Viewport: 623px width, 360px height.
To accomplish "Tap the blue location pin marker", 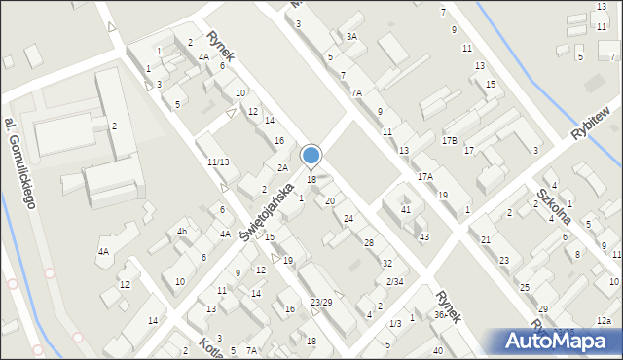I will (311, 156).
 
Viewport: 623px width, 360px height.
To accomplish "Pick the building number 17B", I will (449, 141).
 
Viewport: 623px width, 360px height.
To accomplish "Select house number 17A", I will (425, 177).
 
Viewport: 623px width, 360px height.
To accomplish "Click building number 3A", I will (351, 37).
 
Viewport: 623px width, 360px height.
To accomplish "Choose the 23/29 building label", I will (321, 303).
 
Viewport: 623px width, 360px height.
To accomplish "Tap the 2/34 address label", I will (394, 282).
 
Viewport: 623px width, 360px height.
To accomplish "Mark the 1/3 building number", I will (394, 323).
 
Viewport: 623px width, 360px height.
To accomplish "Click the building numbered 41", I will (406, 210).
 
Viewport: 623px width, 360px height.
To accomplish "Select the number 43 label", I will (423, 237).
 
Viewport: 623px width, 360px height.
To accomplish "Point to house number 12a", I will (605, 321).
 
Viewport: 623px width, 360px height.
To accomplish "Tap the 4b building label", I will (181, 232).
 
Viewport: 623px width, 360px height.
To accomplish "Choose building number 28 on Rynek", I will (368, 242).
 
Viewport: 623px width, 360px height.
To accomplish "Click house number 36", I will (439, 314).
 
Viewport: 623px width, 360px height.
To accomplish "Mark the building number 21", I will (485, 239).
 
